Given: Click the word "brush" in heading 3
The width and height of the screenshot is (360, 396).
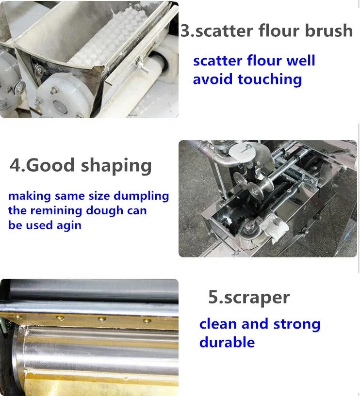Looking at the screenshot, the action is (x=328, y=31).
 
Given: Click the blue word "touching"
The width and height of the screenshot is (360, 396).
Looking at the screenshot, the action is (x=270, y=79).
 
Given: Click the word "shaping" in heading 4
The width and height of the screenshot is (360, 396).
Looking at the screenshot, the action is (x=116, y=166).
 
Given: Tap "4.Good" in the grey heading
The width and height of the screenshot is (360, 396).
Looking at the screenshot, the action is (x=42, y=165).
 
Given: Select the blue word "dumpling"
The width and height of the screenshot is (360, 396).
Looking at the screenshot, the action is (x=141, y=196).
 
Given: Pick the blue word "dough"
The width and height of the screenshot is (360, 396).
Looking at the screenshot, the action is (x=104, y=211).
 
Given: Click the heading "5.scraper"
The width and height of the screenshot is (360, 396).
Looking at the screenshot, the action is (x=249, y=298).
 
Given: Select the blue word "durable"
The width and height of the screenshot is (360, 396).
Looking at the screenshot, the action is (x=227, y=342).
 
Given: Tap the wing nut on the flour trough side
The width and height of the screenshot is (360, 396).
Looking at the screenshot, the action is (x=141, y=66).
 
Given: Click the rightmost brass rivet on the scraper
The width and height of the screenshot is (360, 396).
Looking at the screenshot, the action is (x=147, y=321).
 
